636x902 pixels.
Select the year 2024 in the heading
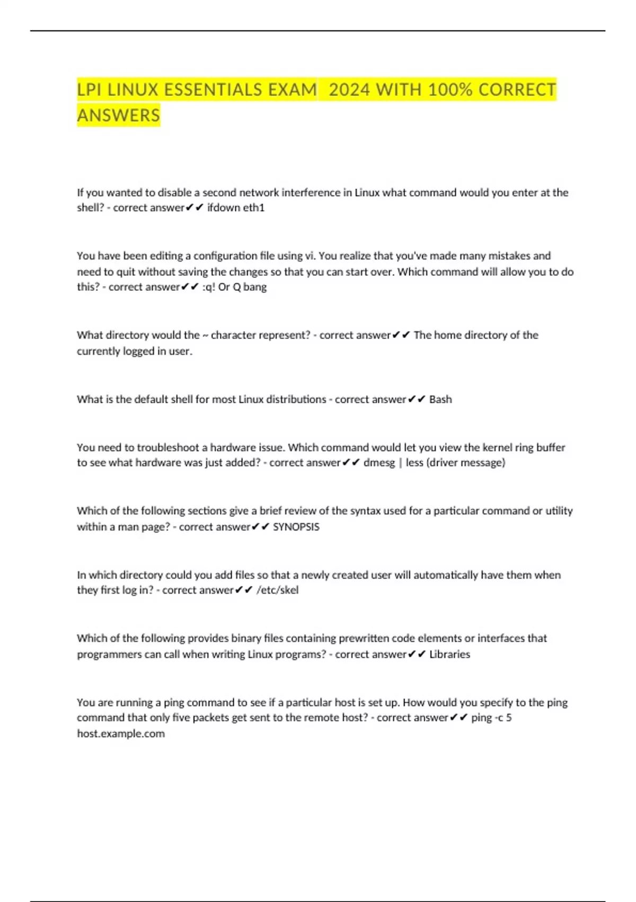[349, 90]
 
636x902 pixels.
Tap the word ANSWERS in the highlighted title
[118, 115]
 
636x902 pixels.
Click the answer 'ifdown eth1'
[236, 208]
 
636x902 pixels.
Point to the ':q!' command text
[208, 287]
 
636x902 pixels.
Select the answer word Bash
[440, 400]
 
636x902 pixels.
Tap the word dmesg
[379, 463]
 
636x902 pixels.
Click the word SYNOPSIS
[296, 527]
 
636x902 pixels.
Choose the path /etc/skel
[277, 590]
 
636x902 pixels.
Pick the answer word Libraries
[449, 654]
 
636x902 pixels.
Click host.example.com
[121, 734]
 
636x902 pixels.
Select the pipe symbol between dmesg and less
[400, 463]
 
